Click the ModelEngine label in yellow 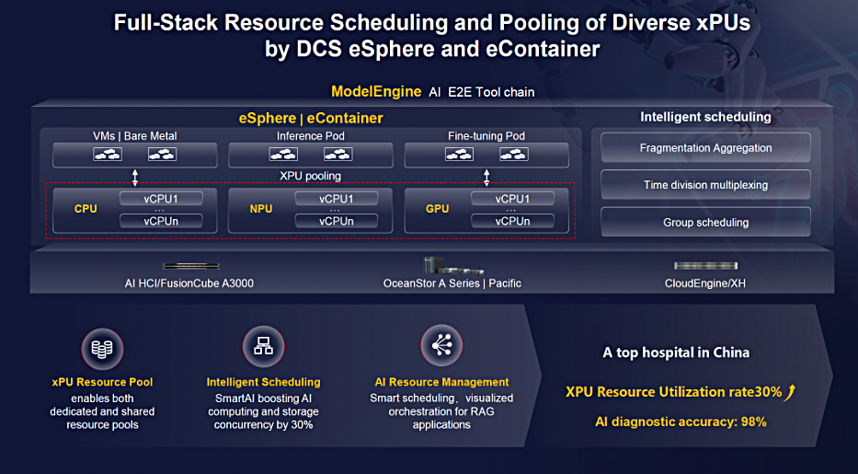(x=376, y=91)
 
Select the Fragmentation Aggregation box (x=705, y=148)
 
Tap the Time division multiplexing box (x=705, y=185)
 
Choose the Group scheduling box (x=705, y=222)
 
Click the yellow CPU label (x=86, y=209)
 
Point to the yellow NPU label (x=261, y=209)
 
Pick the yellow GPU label (x=437, y=209)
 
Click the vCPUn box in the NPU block (x=337, y=221)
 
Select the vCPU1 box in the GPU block (x=512, y=199)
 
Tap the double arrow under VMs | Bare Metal (x=135, y=178)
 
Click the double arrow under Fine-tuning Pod (x=486, y=178)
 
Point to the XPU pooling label (x=310, y=176)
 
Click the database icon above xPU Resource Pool (x=102, y=349)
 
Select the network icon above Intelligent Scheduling (x=263, y=346)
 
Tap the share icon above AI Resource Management (x=441, y=345)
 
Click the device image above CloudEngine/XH (x=706, y=265)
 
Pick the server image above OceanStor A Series (x=453, y=265)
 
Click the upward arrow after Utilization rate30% (x=790, y=392)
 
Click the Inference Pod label (x=310, y=135)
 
